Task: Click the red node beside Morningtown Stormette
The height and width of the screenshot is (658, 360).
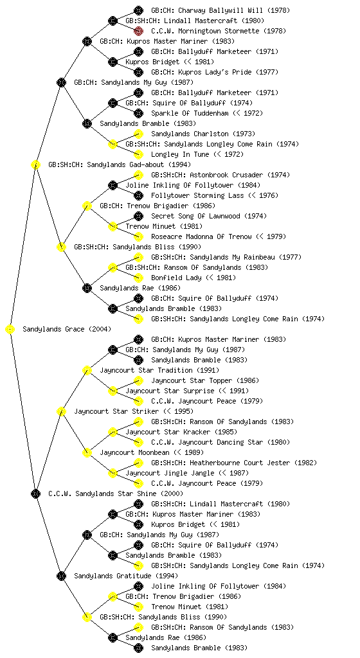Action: point(138,31)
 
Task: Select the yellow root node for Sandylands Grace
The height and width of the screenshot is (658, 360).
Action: point(10,330)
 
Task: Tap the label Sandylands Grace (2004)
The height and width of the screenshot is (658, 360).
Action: point(67,330)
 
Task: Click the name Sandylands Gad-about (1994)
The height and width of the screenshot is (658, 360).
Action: point(120,165)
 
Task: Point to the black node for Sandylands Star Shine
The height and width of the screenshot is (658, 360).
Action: point(35,494)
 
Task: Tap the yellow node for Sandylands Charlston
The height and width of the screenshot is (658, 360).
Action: point(138,134)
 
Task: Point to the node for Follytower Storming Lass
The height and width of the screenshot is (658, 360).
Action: point(138,195)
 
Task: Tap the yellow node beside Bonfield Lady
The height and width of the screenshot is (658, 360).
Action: point(138,278)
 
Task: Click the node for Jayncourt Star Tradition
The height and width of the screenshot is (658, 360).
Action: point(87,371)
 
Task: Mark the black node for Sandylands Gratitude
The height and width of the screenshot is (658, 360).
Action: point(61,576)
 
